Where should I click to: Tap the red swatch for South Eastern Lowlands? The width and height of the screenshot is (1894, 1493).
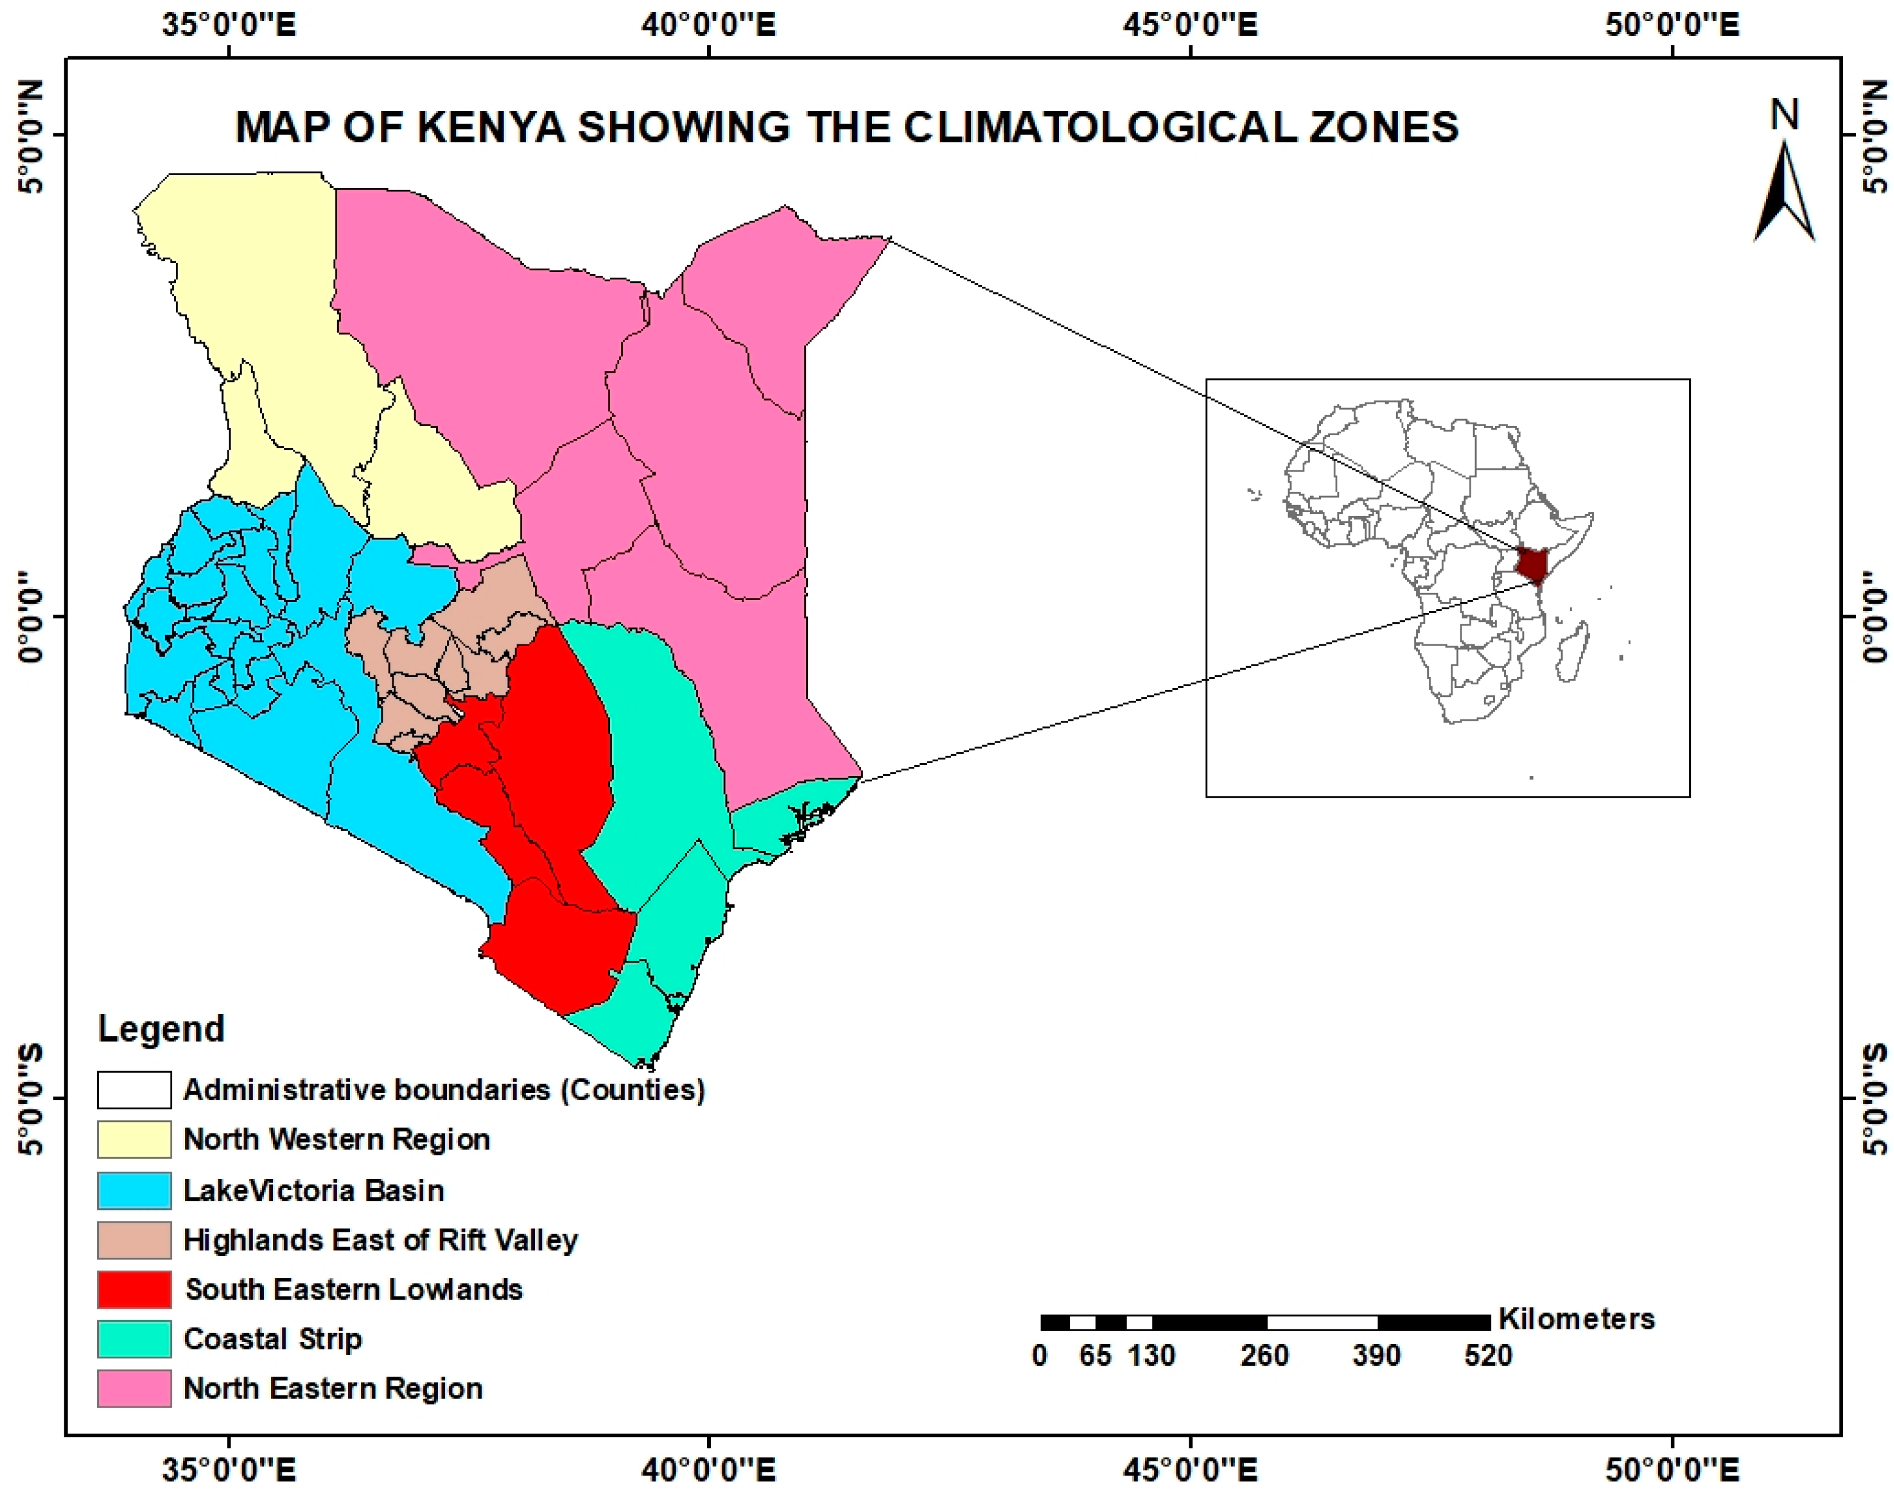point(134,1289)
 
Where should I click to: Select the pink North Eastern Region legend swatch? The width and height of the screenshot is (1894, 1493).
point(134,1388)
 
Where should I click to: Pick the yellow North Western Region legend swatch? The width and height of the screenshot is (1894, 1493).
point(134,1140)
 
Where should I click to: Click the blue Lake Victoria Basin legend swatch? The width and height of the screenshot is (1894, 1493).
point(134,1191)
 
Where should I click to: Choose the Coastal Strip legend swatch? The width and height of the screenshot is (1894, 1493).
point(134,1339)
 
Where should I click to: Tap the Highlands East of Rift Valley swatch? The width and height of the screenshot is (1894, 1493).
point(134,1240)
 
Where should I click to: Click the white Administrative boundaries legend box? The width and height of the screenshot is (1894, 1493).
point(134,1090)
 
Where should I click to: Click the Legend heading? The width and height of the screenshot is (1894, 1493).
point(161,1029)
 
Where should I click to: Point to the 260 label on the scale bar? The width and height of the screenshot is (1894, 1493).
point(1264,1356)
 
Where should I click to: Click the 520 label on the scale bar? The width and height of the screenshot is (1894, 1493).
point(1488,1356)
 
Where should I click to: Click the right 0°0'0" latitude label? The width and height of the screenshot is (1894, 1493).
point(1872,617)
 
